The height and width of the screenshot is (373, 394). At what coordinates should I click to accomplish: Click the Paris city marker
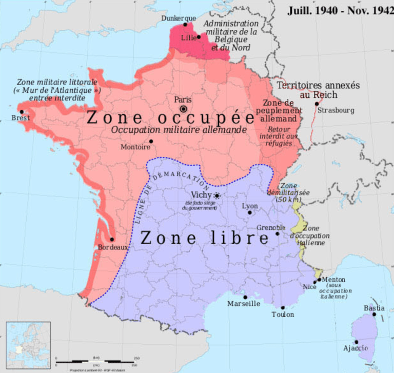pyautogui.click(x=183, y=109)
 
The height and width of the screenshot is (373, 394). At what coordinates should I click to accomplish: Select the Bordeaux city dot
pyautogui.click(x=112, y=239)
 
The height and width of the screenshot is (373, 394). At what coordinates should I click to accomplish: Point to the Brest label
pyautogui.click(x=21, y=118)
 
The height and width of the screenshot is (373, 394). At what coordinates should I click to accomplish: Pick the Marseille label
pyautogui.click(x=244, y=303)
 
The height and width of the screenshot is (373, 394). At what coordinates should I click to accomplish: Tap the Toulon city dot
pyautogui.click(x=283, y=307)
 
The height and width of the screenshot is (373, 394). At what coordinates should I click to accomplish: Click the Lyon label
pyautogui.click(x=250, y=205)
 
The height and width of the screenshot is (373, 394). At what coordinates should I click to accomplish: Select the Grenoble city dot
pyautogui.click(x=278, y=233)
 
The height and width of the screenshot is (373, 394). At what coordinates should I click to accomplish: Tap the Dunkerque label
pyautogui.click(x=179, y=18)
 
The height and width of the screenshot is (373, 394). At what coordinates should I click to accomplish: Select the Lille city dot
pyautogui.click(x=199, y=37)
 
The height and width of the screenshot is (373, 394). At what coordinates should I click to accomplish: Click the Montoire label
pyautogui.click(x=135, y=147)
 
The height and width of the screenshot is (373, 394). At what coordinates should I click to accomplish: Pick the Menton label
pyautogui.click(x=334, y=280)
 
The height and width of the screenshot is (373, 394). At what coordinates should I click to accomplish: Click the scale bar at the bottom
pyautogui.click(x=97, y=361)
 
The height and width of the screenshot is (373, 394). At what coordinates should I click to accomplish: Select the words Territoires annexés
pyautogui.click(x=318, y=85)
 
